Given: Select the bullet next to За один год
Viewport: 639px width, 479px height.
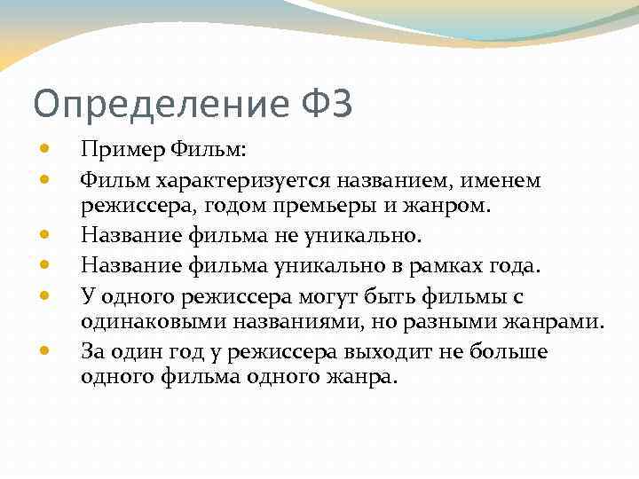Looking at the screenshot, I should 43,350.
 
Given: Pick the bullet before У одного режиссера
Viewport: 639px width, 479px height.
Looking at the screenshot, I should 43,294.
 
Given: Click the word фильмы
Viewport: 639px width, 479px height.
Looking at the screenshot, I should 477,295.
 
